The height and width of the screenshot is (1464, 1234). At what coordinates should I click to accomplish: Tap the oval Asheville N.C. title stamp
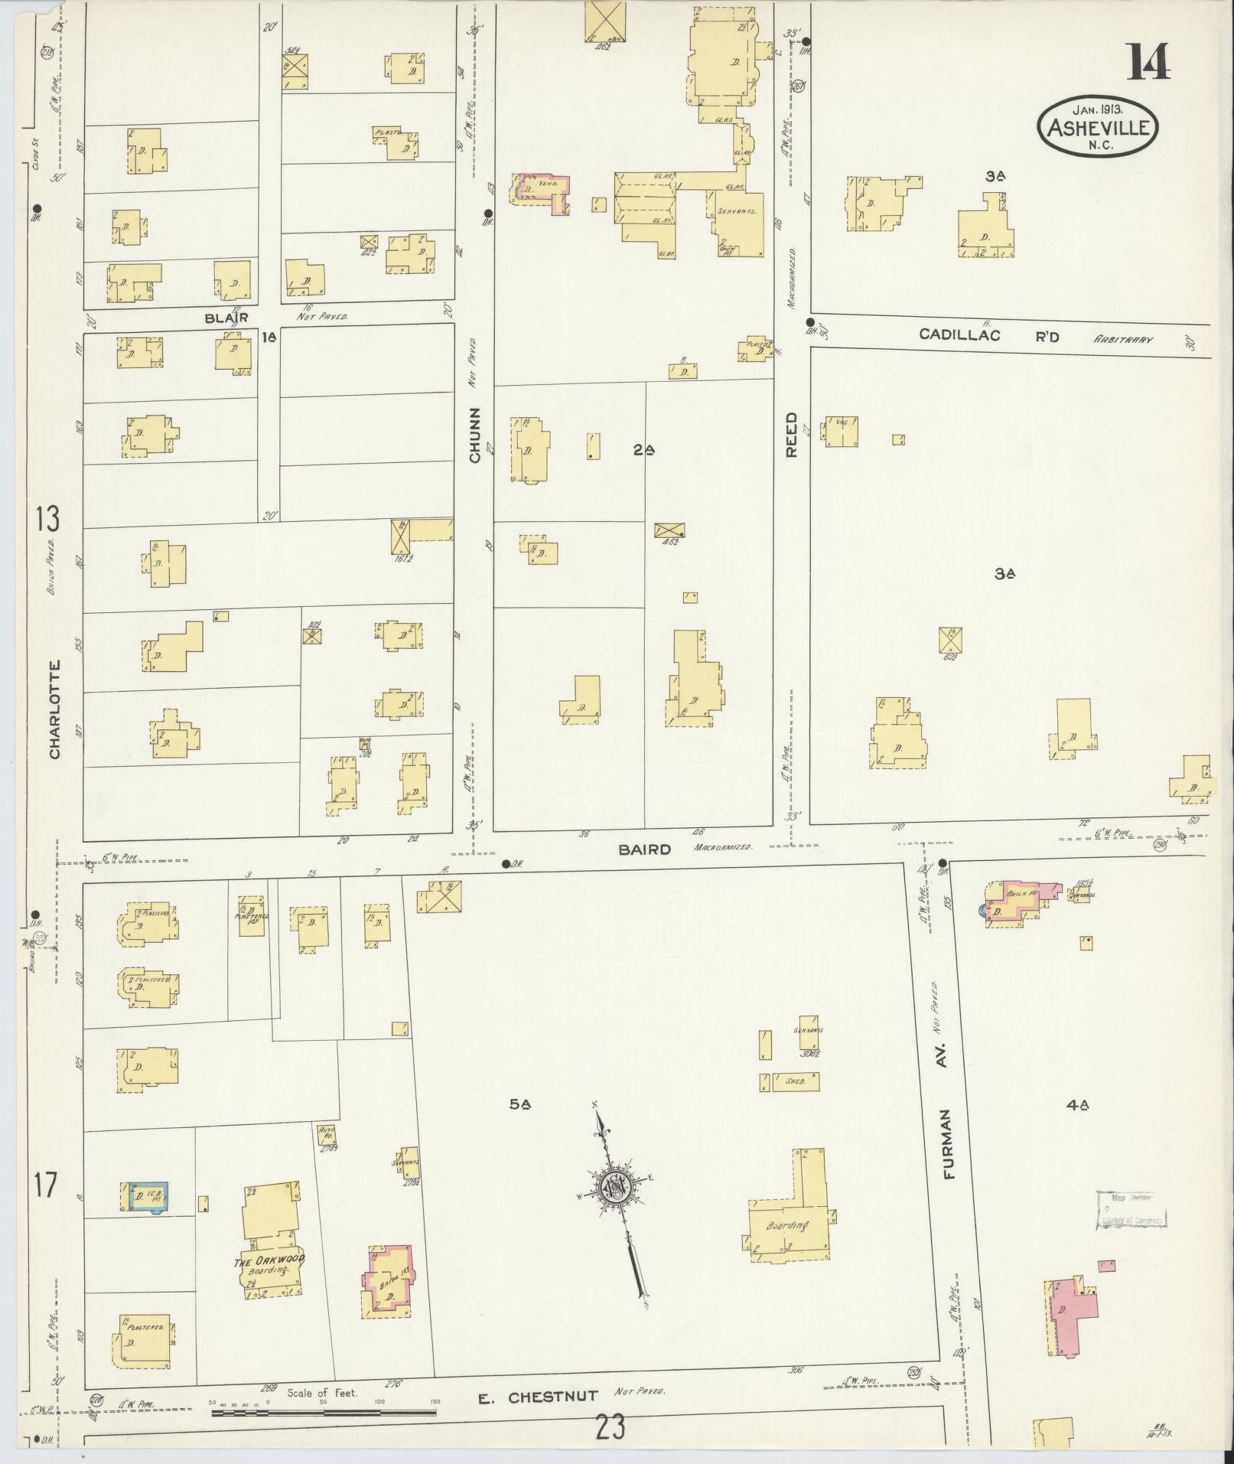tap(1097, 127)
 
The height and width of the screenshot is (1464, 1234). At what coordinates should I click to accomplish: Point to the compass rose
tap(617, 1209)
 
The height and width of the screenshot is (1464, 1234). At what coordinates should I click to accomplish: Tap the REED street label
tap(791, 435)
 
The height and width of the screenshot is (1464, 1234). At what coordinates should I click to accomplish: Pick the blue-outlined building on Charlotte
tap(148, 1218)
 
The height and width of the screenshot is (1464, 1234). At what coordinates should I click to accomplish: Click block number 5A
tap(520, 1104)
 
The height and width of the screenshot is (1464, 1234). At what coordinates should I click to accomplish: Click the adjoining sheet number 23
tap(609, 1427)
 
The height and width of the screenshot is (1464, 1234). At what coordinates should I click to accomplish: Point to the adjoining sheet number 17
tap(44, 1207)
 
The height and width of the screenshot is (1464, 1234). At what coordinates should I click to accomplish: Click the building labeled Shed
tap(795, 1082)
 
